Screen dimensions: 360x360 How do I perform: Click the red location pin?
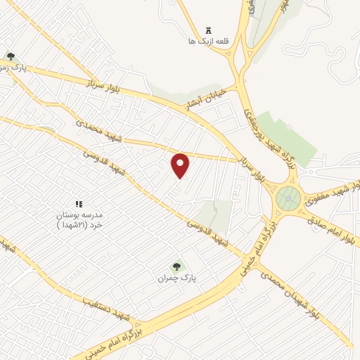pyautogui.click(x=181, y=165)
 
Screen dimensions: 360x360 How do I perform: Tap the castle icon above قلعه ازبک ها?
pyautogui.click(x=207, y=30)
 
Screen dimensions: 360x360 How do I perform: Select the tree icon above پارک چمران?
pyautogui.click(x=176, y=266)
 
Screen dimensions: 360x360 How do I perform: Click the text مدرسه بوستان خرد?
pyautogui.click(x=79, y=219)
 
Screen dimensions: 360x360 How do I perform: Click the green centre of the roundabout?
pyautogui.click(x=288, y=199)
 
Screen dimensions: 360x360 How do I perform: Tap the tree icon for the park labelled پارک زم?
pyautogui.click(x=10, y=56)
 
